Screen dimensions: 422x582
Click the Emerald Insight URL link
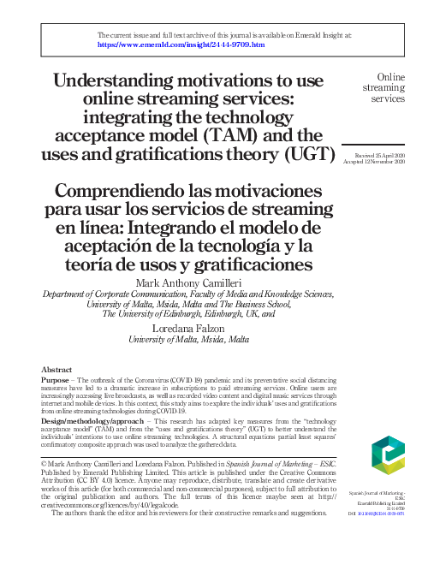coord(181,43)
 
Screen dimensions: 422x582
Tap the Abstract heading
coord(56,370)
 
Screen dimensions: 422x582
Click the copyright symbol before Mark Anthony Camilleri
coord(45,463)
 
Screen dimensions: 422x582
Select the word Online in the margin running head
coord(390,77)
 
